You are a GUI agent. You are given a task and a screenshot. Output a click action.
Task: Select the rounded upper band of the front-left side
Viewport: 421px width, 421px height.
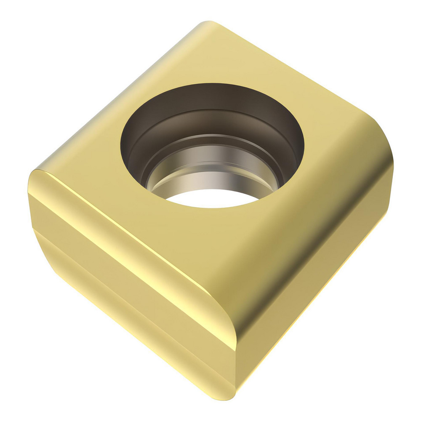coord(126,248)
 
